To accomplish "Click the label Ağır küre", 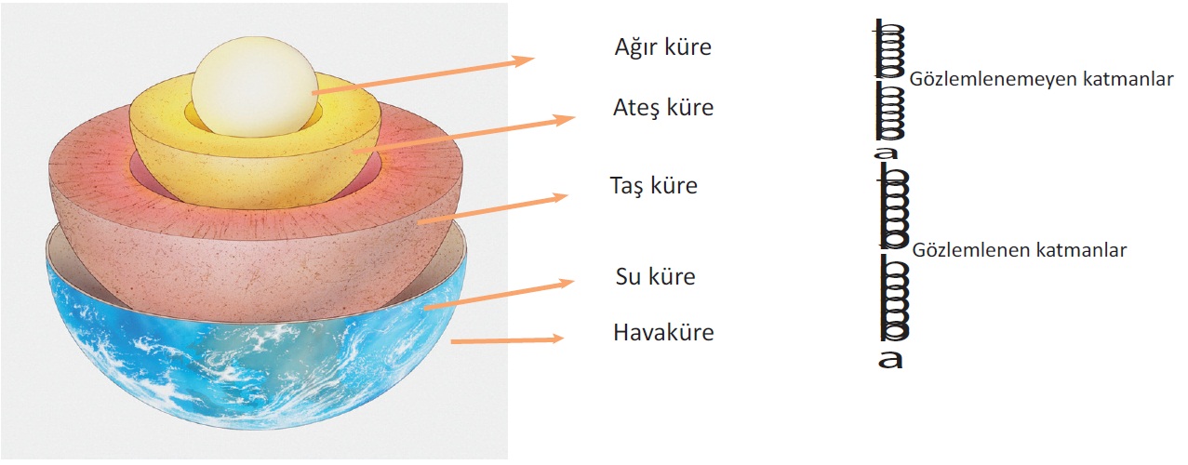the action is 662,47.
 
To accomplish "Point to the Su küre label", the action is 655,276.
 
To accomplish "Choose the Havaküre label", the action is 663,332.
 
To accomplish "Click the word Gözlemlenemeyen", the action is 987,81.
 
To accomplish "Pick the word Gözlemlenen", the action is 968,250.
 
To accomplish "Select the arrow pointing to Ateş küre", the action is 465,134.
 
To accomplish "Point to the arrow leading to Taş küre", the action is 493,208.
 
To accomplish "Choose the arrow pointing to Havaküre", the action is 508,340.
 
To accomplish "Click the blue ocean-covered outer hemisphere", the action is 251,381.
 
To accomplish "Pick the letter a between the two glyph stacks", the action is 888,153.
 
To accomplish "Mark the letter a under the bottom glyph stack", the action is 890,359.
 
